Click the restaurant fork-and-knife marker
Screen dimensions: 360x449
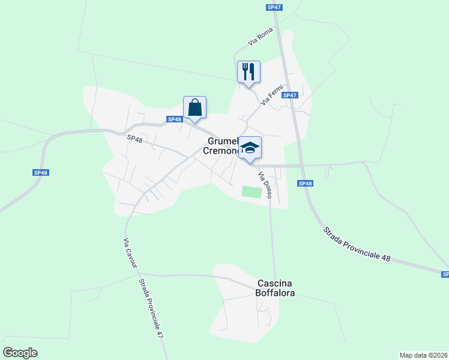click(x=248, y=72)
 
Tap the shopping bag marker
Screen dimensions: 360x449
click(x=194, y=108)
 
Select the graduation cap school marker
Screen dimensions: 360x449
click(x=250, y=148)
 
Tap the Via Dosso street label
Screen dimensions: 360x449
click(x=265, y=185)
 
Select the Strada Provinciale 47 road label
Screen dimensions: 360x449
click(x=151, y=310)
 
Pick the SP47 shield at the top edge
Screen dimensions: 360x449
click(x=274, y=7)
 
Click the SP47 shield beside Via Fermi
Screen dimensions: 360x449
click(x=290, y=95)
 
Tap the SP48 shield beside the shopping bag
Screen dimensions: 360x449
click(x=174, y=119)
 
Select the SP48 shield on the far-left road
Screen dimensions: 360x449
click(x=40, y=173)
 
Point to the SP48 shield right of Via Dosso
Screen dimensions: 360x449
click(x=304, y=184)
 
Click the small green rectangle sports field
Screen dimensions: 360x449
click(x=252, y=191)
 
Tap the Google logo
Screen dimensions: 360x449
click(x=20, y=352)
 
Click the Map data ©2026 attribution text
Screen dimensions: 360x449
click(x=423, y=355)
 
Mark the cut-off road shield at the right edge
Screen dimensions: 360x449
click(x=444, y=274)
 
